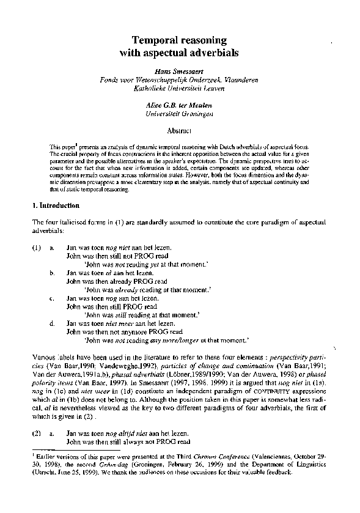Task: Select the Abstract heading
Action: (180, 130)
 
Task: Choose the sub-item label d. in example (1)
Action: (53, 322)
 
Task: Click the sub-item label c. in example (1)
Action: (53, 305)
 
